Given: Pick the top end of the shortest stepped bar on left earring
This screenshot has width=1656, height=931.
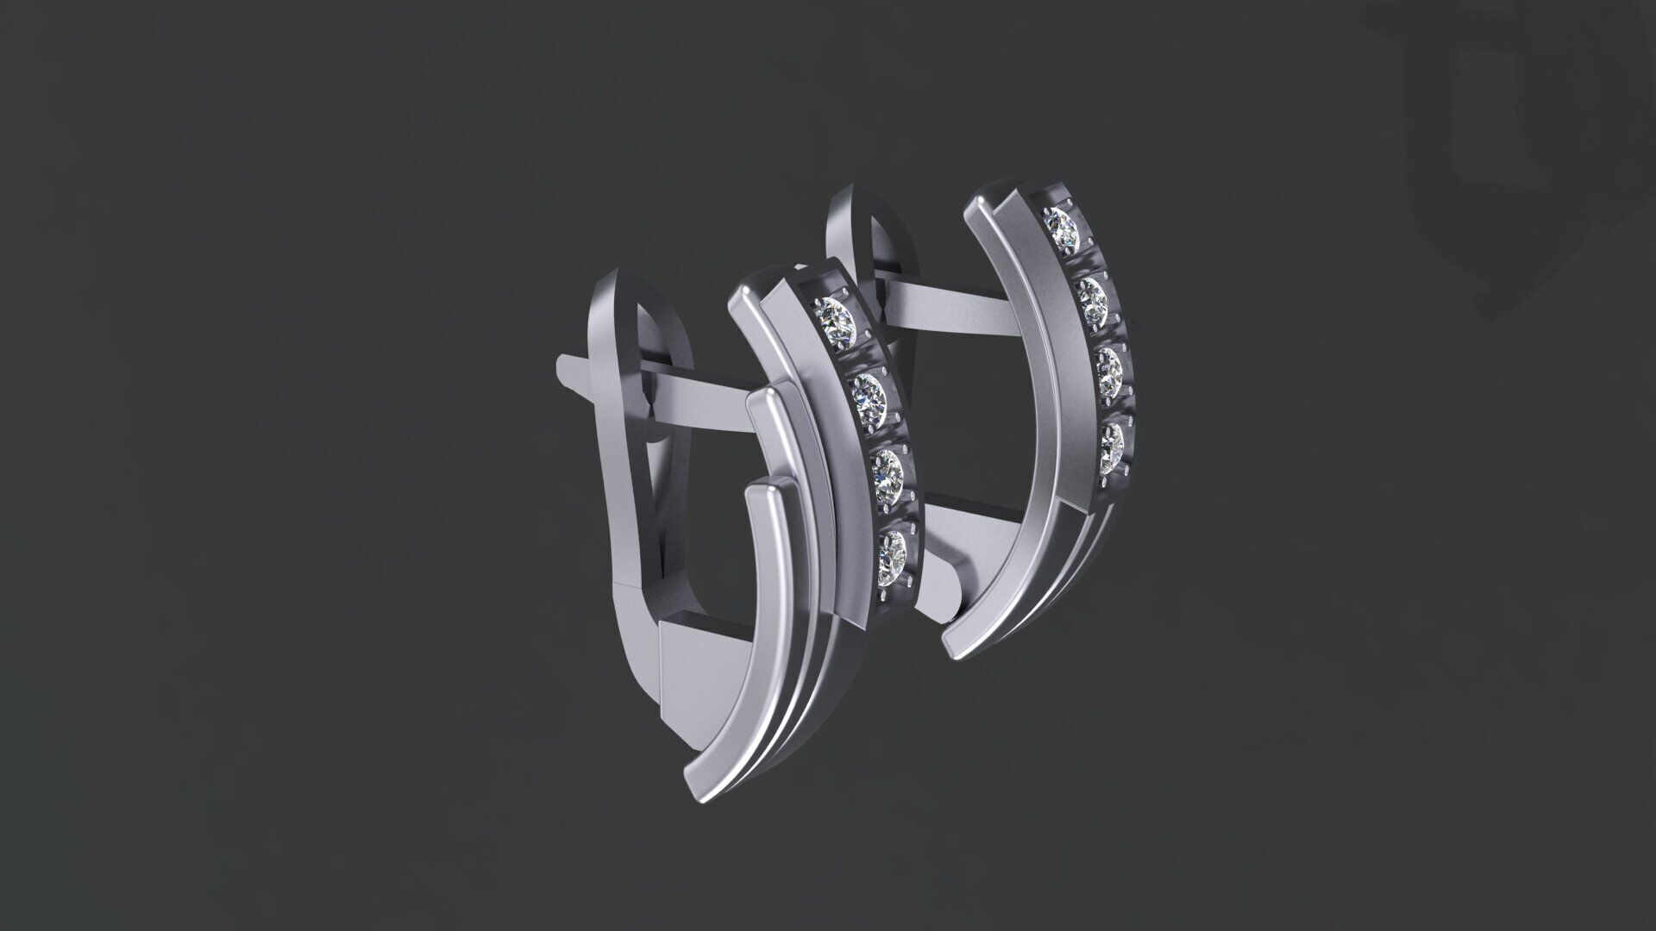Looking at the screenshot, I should pos(763,495).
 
